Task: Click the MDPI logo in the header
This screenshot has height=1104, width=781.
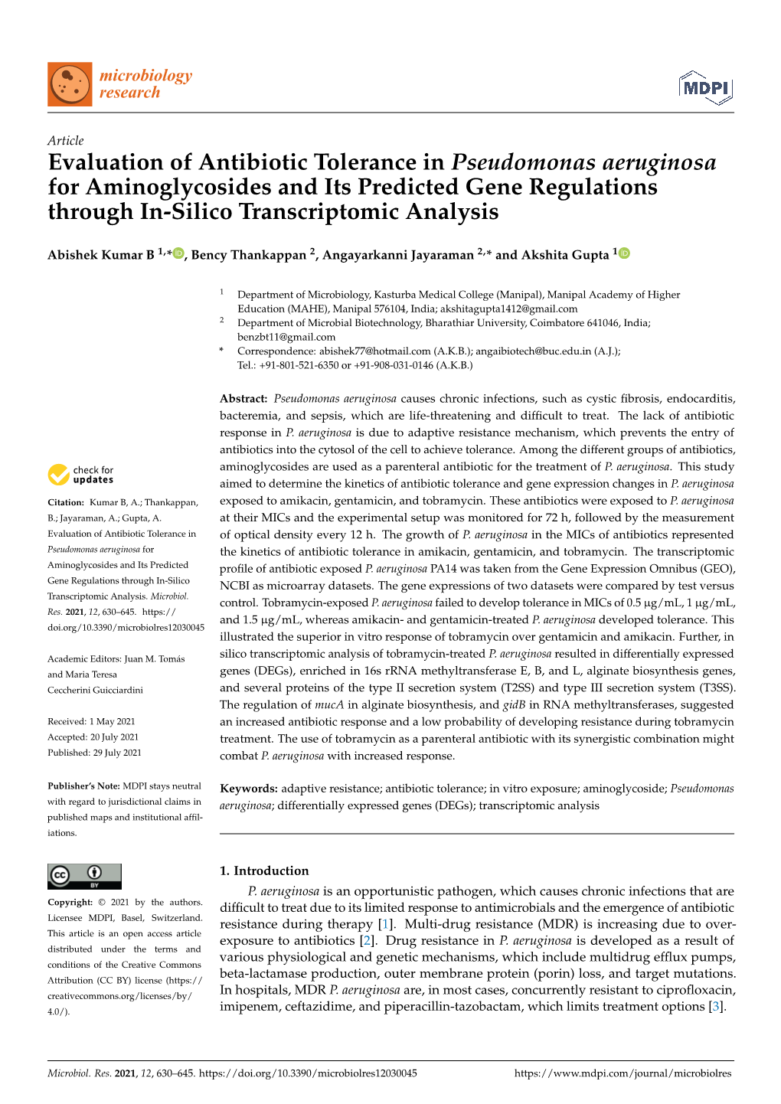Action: click(705, 88)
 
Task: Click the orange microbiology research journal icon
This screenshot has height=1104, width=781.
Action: click(70, 84)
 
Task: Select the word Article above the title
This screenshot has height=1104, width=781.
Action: click(65, 141)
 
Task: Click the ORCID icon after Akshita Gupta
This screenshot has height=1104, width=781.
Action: click(624, 253)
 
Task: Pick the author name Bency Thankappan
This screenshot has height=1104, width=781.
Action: click(250, 255)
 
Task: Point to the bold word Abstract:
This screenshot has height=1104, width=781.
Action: click(243, 399)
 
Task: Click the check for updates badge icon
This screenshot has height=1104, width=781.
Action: click(59, 475)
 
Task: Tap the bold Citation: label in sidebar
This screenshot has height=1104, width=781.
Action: click(66, 503)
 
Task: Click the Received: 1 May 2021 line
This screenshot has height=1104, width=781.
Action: click(91, 721)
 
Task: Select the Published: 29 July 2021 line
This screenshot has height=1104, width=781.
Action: click(94, 753)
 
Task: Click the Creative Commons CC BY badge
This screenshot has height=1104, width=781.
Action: click(84, 876)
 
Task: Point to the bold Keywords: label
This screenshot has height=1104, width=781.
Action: click(248, 789)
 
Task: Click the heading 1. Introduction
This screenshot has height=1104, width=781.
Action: click(264, 870)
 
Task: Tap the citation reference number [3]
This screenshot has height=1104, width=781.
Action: click(716, 1006)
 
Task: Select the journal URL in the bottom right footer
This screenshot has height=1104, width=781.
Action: click(623, 1073)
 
